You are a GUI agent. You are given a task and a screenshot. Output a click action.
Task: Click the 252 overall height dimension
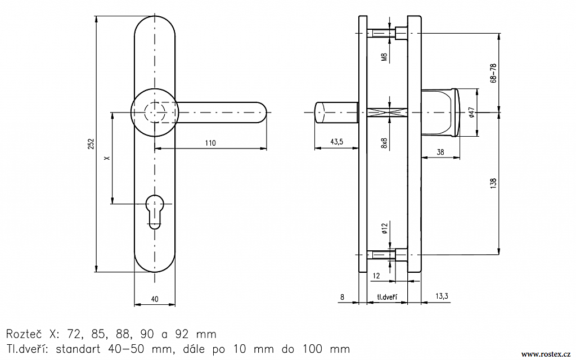click(92, 144)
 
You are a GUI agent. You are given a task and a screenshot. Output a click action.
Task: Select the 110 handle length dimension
click(210, 143)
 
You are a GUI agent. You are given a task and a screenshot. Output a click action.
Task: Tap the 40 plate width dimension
click(155, 299)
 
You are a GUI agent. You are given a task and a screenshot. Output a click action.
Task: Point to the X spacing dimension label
click(107, 159)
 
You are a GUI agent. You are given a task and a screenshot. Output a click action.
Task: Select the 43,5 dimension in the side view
click(336, 142)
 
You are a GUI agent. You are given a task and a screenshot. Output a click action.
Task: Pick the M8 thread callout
click(384, 56)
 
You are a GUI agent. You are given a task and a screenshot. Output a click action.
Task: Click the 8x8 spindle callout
click(385, 143)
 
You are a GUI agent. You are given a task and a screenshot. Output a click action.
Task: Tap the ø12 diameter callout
click(385, 228)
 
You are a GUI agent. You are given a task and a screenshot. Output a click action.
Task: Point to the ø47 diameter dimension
click(471, 112)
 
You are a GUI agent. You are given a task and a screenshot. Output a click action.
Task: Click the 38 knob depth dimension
click(440, 152)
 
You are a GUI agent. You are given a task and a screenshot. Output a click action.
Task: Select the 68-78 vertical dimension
click(493, 74)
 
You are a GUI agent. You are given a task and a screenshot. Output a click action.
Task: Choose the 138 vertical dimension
click(493, 183)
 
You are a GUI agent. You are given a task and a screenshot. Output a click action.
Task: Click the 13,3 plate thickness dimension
click(442, 296)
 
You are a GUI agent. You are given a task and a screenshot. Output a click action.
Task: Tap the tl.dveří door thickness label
click(386, 296)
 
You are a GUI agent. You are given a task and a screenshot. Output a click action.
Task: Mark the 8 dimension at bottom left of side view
click(342, 296)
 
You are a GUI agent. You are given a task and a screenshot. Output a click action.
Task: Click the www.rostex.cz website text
click(546, 353)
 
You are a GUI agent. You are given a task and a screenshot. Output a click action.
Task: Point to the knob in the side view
click(442, 112)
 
